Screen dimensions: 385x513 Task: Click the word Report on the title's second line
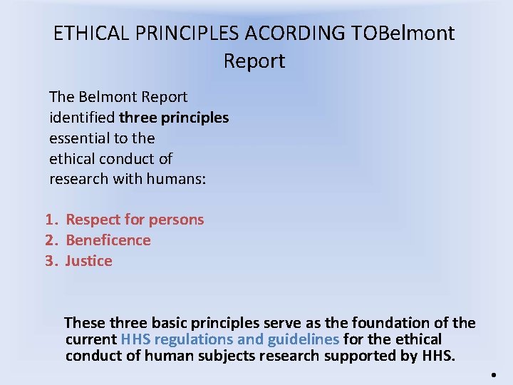click(x=254, y=61)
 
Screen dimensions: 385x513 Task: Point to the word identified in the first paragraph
click(x=82, y=117)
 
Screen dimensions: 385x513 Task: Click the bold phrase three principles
click(x=174, y=117)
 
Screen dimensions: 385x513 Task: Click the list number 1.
click(x=50, y=220)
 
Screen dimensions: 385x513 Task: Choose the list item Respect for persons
click(x=135, y=220)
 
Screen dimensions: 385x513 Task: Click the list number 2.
click(x=50, y=240)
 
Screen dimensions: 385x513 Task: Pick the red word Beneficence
click(x=108, y=240)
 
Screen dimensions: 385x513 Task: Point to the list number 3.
click(x=50, y=261)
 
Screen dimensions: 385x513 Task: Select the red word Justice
click(x=88, y=261)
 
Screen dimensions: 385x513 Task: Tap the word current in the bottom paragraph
click(x=90, y=339)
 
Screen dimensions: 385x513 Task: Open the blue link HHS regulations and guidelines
click(x=229, y=339)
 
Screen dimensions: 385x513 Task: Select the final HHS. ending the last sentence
click(x=437, y=355)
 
